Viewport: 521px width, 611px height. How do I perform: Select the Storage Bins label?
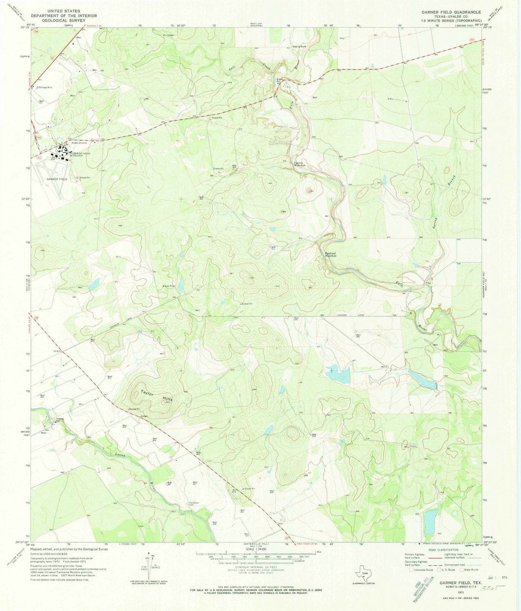point(45,87)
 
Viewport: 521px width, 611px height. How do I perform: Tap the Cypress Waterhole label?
point(302,164)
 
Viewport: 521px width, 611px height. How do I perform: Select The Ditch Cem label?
point(193,504)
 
